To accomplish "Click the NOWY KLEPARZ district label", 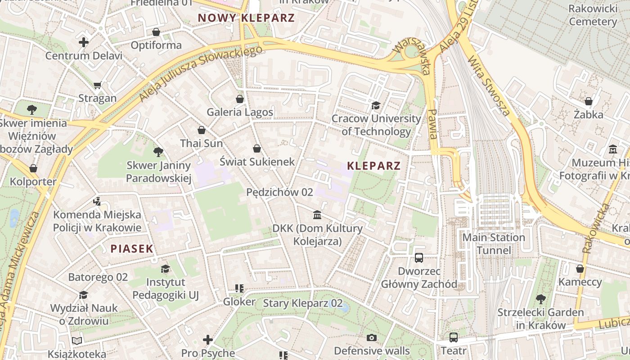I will (x=246, y=18).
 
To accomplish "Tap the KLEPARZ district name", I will (x=373, y=166).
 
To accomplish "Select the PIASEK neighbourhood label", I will (x=132, y=248).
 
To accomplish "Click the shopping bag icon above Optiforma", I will (x=156, y=32).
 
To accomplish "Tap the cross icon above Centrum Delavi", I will (x=84, y=43).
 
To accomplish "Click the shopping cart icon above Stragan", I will (x=97, y=85).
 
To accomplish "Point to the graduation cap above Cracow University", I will (x=376, y=106).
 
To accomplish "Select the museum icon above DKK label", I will (x=317, y=215).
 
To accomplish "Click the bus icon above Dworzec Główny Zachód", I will (x=419, y=258).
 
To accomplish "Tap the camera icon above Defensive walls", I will (x=372, y=337).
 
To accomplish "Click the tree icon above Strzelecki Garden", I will (x=540, y=299).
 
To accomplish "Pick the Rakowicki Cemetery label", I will (x=593, y=15).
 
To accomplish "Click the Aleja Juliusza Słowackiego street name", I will (x=201, y=73).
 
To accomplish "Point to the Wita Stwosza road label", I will (x=489, y=85).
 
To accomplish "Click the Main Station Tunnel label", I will (x=494, y=243).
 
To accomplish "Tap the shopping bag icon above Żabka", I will (x=588, y=101).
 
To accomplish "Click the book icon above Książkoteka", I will (x=77, y=341).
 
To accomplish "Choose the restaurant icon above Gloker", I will (x=239, y=288).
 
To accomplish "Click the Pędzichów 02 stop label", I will (x=279, y=192).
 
